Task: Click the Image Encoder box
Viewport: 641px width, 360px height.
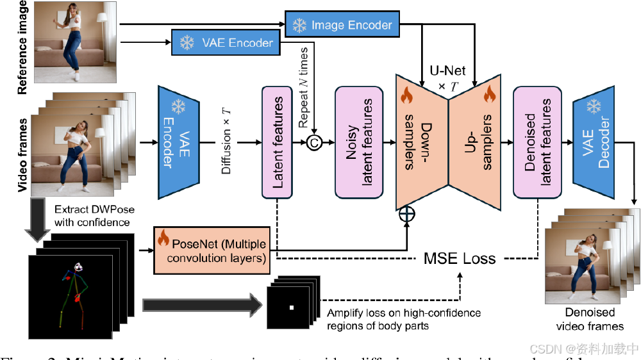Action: [342, 25]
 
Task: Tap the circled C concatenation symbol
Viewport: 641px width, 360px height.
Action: [315, 142]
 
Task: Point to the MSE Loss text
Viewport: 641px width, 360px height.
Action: [460, 258]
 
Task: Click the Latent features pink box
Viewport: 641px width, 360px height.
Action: [277, 142]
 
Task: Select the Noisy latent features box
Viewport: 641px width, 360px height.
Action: [360, 142]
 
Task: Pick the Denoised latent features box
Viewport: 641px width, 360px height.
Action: [538, 142]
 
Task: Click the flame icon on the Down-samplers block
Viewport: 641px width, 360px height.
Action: [407, 96]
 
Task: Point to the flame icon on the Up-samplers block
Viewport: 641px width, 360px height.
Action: [490, 96]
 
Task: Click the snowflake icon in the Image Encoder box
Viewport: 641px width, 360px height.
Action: [299, 26]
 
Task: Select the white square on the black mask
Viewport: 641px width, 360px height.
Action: [292, 308]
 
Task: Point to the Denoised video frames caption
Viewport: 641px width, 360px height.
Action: [590, 319]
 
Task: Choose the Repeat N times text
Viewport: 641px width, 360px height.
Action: [305, 86]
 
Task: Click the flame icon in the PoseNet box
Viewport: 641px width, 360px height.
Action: [163, 240]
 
